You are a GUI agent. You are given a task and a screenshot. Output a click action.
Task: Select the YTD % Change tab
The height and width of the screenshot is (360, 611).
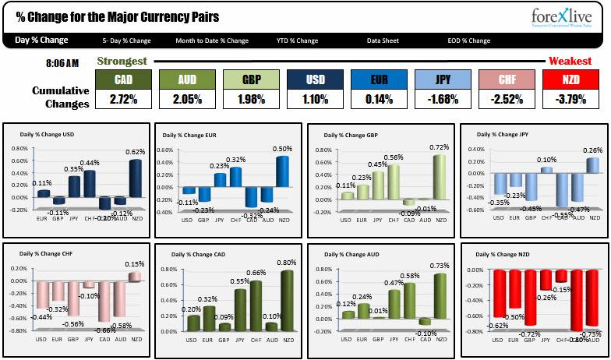[x=297, y=41]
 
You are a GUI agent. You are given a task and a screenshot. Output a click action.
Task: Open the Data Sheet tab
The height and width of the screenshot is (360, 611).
[x=384, y=41]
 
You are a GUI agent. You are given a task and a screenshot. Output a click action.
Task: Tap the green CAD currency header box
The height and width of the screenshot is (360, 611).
[x=123, y=79]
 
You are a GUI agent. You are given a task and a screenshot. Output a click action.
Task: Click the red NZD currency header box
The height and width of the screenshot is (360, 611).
[x=571, y=79]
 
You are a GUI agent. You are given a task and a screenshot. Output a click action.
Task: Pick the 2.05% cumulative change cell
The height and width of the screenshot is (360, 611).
[x=187, y=99]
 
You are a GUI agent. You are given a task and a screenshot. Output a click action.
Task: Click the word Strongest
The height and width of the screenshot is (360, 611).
[x=122, y=61]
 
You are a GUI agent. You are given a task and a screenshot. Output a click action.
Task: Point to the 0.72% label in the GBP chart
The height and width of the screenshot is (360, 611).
[x=442, y=147]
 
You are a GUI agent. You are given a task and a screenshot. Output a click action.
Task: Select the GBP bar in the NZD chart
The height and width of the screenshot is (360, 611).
[x=530, y=298]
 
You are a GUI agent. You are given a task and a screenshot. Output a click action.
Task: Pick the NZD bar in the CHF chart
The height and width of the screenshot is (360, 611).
[x=136, y=277]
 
